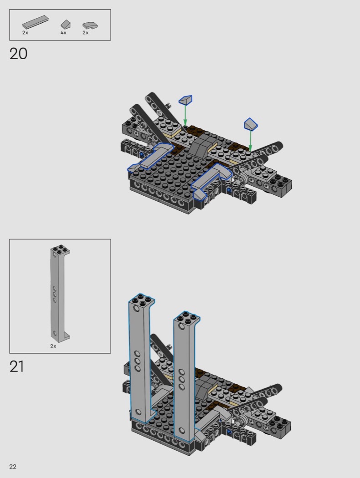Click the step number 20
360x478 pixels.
18,54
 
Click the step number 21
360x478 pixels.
17,366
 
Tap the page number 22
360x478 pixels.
13,467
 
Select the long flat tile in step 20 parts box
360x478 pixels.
36,22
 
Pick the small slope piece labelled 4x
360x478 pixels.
66,25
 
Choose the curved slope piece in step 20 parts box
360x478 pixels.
90,25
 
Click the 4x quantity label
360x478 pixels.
63,33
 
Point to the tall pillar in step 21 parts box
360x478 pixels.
60,293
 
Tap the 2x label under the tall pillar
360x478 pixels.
53,346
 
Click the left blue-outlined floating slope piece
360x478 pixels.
185,100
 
